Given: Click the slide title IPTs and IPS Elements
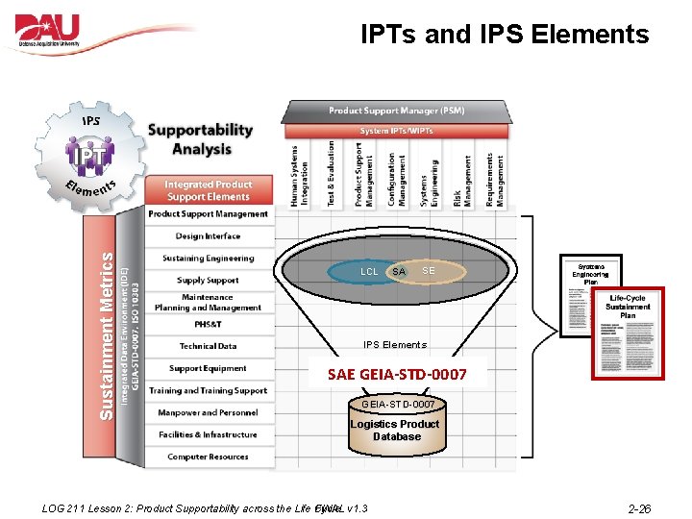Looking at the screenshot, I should (505, 35).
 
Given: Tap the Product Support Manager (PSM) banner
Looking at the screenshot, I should (396, 111).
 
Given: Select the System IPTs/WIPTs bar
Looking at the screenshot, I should (396, 131).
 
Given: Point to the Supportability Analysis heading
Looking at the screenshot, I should (201, 139).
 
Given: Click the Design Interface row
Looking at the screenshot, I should (208, 235).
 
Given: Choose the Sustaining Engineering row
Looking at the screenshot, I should (208, 258).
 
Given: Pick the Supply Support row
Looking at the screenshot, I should (208, 280).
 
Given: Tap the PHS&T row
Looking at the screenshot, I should (208, 324).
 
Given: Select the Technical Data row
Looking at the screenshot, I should (208, 346).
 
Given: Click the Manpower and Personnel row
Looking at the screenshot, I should (208, 412).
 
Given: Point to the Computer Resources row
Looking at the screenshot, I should (208, 457).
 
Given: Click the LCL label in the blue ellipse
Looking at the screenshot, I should (369, 272).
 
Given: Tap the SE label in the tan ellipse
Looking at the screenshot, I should (429, 271).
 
